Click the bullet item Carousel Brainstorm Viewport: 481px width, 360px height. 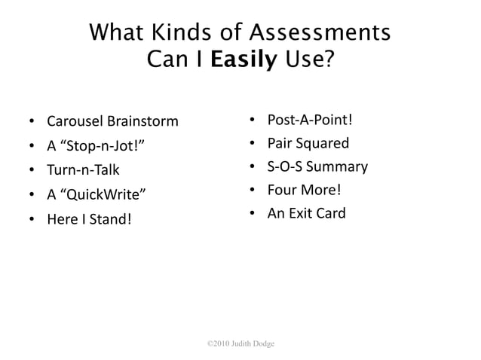[112, 121]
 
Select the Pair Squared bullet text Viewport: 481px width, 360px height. [308, 143]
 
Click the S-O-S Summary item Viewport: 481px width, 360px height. [317, 166]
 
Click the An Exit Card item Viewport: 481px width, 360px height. [306, 213]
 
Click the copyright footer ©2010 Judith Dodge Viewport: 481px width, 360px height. [240, 344]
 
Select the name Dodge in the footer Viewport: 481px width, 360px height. [263, 344]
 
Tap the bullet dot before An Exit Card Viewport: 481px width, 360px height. [251, 214]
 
